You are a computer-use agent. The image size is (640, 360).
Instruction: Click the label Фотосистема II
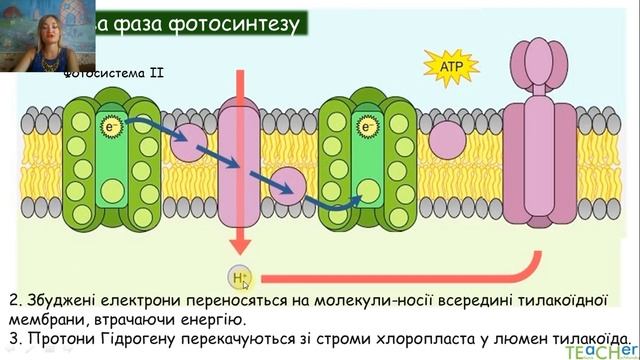click(x=113, y=73)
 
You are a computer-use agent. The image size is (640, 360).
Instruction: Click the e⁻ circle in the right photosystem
click(x=369, y=127)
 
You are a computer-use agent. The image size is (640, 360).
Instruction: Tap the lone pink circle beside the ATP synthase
click(x=447, y=138)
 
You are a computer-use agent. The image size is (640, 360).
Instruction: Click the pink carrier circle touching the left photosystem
click(x=186, y=142)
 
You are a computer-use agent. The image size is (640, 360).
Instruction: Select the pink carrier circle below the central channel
click(x=290, y=185)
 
